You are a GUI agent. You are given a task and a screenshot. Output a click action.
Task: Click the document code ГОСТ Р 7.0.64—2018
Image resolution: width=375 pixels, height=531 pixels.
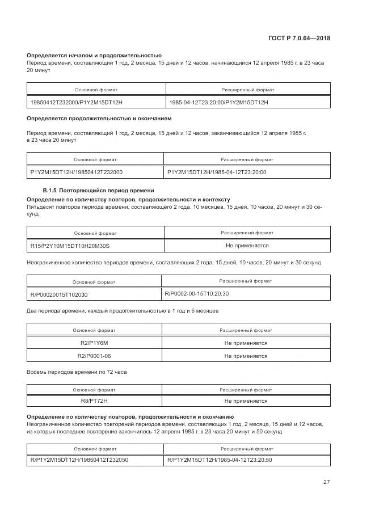click(299, 39)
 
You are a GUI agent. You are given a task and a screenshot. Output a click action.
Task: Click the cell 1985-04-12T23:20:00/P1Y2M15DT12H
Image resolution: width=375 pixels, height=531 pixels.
click(218, 102)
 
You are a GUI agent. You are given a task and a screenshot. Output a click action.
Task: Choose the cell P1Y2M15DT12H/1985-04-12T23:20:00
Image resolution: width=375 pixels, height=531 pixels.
click(217, 172)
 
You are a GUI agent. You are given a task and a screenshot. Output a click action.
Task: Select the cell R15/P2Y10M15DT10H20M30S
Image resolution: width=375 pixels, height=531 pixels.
click(70, 246)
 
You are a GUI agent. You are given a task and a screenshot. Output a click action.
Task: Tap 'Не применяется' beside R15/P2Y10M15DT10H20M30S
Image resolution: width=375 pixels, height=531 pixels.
click(247, 246)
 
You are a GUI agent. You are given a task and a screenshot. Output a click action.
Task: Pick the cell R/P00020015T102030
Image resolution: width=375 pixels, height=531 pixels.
click(59, 295)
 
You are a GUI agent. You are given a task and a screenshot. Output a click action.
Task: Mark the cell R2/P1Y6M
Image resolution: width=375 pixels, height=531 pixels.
click(94, 343)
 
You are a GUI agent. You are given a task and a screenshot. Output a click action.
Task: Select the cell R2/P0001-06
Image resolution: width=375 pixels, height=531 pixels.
click(94, 356)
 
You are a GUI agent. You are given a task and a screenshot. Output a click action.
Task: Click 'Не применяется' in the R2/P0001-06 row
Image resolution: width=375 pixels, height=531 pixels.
click(246, 356)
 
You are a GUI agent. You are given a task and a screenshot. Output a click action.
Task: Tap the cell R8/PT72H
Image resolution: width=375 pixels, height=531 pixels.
click(94, 401)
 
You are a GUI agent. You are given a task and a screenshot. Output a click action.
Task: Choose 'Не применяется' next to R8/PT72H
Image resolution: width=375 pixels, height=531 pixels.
click(246, 401)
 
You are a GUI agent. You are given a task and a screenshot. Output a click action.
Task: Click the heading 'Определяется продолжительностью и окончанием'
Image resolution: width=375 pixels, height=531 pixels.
click(99, 119)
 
